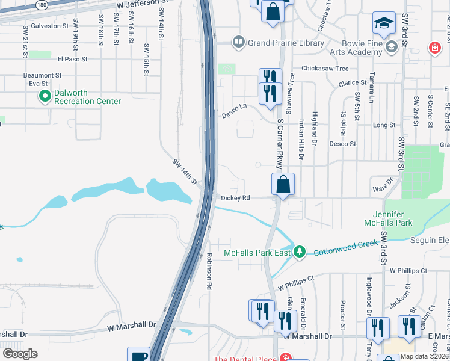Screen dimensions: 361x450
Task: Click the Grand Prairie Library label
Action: (x=286, y=43)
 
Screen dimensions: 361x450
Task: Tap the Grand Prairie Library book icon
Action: (x=239, y=42)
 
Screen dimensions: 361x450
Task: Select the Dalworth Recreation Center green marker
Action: (x=45, y=96)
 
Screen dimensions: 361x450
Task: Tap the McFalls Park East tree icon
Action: (x=300, y=251)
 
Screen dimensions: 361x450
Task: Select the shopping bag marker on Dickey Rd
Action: (x=283, y=184)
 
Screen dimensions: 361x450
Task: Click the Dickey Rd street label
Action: (x=235, y=197)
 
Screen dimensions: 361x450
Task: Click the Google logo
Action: (x=20, y=354)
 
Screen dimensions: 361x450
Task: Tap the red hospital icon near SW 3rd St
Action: (x=434, y=48)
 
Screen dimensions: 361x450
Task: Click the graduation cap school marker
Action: (x=383, y=23)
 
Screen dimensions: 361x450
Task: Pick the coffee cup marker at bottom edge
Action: (x=138, y=356)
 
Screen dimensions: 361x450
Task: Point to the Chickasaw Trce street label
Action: (x=325, y=69)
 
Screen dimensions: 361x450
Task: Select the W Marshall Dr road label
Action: (x=131, y=327)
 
